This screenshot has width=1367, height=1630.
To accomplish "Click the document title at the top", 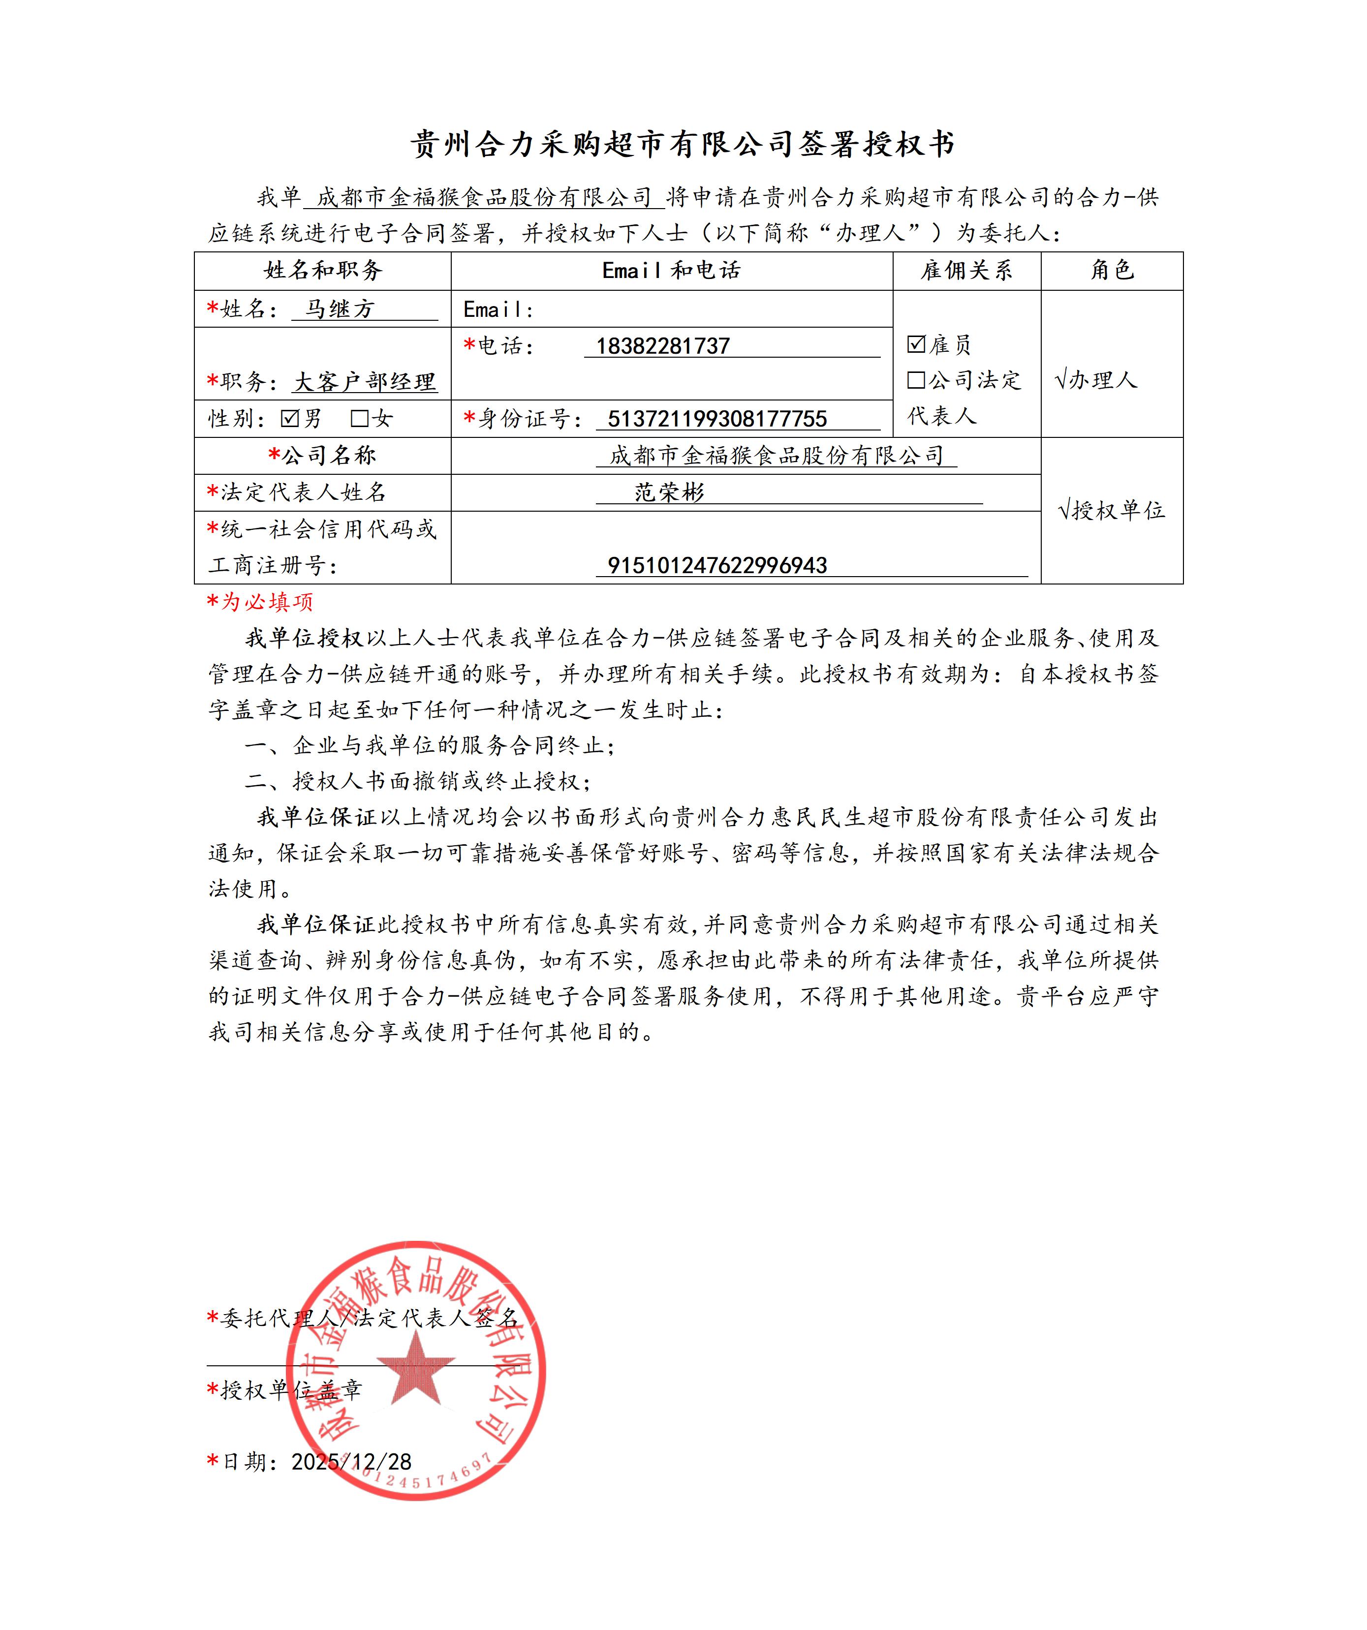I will tap(683, 144).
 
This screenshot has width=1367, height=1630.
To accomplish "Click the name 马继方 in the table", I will tap(339, 309).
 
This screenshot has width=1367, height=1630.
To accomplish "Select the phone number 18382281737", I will tap(663, 346).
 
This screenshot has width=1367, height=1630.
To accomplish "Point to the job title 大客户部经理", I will tap(365, 382).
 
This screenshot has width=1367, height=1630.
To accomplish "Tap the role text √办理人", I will tap(1096, 380).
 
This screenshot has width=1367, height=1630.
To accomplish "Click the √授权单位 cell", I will tap(1112, 511).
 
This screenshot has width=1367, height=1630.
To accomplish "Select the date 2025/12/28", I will tap(351, 1462).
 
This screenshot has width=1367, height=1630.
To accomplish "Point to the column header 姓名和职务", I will tap(323, 270).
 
